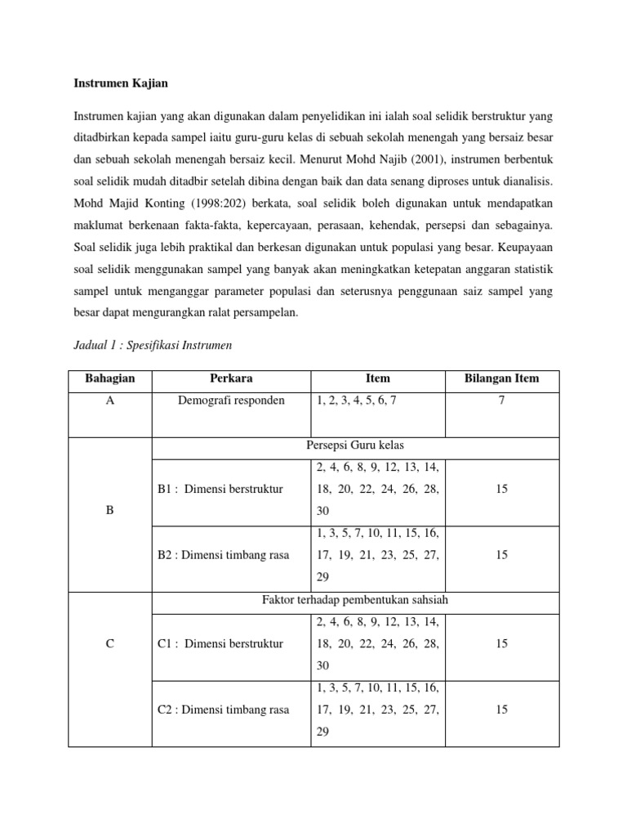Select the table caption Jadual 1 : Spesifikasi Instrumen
(x=153, y=345)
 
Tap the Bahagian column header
(x=110, y=378)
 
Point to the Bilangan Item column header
(x=501, y=378)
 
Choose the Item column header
(x=378, y=378)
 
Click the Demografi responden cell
(x=231, y=401)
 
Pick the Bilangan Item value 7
(x=501, y=401)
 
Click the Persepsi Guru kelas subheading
(x=355, y=445)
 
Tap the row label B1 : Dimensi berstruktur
(x=220, y=489)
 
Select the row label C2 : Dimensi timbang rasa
(x=223, y=709)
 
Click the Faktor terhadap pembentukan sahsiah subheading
(x=355, y=601)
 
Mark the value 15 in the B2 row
(x=501, y=555)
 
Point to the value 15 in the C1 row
(x=501, y=644)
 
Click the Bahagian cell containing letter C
(x=110, y=644)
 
